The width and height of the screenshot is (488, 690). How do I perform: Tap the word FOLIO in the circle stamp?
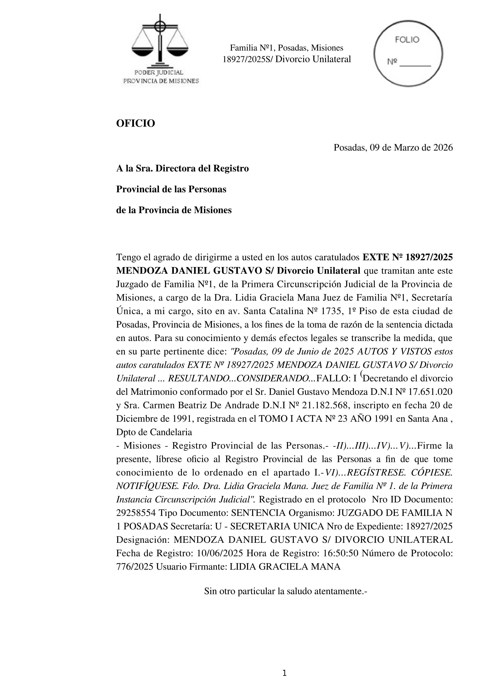pos(407,40)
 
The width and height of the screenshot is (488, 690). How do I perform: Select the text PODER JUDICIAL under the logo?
pos(159,72)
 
